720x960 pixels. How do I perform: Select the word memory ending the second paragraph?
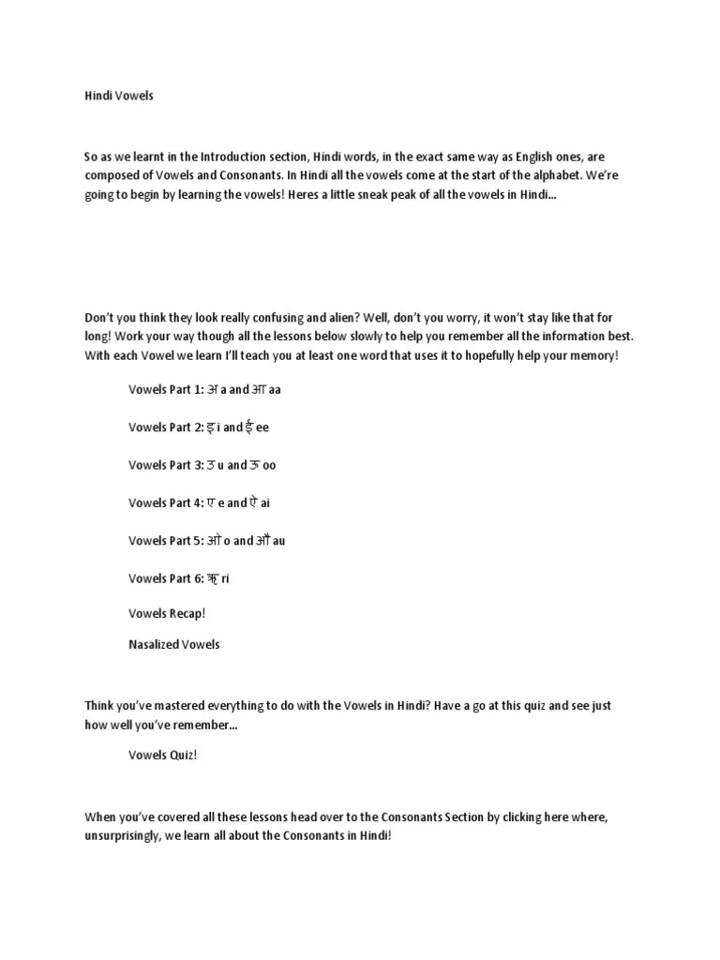[595, 356]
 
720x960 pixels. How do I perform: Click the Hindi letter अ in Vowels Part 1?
[212, 389]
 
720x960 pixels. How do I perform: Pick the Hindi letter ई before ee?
[250, 427]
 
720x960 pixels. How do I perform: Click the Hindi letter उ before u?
[212, 464]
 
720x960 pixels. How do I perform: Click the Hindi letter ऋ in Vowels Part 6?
[213, 578]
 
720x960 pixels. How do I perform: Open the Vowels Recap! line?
[167, 613]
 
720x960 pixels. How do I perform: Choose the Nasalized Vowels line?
[174, 645]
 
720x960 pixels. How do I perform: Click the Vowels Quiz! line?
[163, 756]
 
